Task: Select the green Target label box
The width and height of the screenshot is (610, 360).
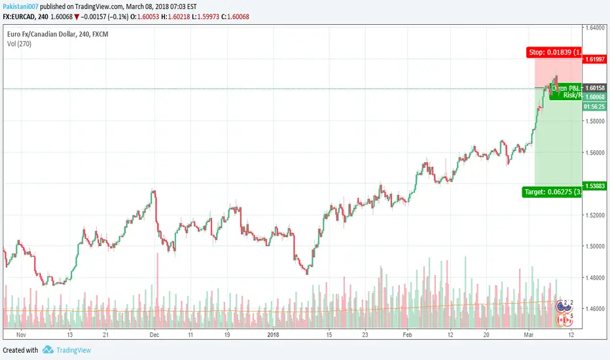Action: [x=551, y=192]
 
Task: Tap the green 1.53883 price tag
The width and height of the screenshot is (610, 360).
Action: [x=595, y=185]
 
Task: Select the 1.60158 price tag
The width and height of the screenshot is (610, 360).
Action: [x=595, y=88]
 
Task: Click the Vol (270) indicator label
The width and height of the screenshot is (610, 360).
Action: [x=17, y=43]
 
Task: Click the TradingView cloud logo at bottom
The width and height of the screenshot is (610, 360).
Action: [x=48, y=350]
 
